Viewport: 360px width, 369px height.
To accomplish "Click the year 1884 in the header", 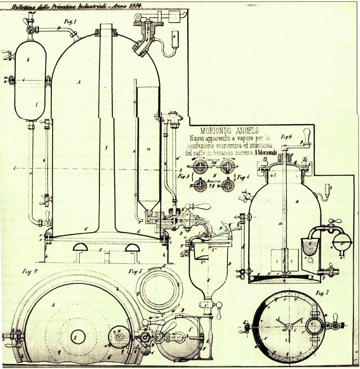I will [x=135, y=6].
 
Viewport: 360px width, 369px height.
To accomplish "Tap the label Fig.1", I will [x=70, y=21].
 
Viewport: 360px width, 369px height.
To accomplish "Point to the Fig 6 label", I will [x=287, y=136].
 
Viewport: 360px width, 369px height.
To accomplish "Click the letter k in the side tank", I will [x=28, y=59].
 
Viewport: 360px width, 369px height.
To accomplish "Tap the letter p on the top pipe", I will [x=59, y=28].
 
